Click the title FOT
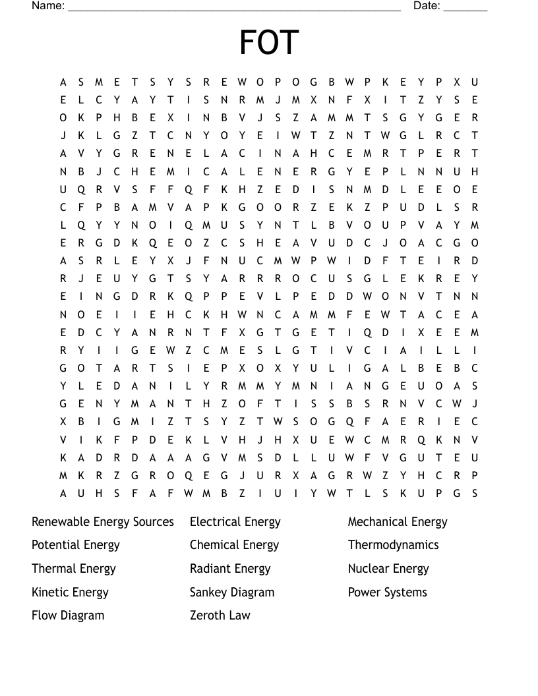[269, 43]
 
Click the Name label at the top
[47, 6]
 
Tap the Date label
[427, 6]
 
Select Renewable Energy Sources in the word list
[103, 522]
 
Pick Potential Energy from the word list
[76, 545]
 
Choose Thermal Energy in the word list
[74, 569]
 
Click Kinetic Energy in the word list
[70, 592]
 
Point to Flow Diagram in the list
[68, 616]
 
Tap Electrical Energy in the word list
[235, 522]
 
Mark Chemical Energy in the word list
[234, 545]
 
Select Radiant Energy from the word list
[230, 569]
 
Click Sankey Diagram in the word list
[232, 592]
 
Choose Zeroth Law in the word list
[220, 616]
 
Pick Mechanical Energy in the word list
[398, 522]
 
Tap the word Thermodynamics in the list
[393, 545]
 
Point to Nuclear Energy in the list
[388, 569]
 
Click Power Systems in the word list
[388, 592]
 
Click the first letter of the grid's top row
[63, 82]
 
